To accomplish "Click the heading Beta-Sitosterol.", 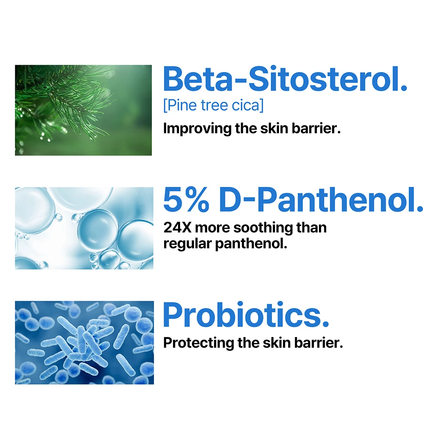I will (285, 79).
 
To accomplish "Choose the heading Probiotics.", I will (246, 315).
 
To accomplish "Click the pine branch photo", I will (83, 110).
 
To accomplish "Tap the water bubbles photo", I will (84, 228).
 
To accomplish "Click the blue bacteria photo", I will (84, 343).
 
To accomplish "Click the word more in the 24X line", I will (213, 228).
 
